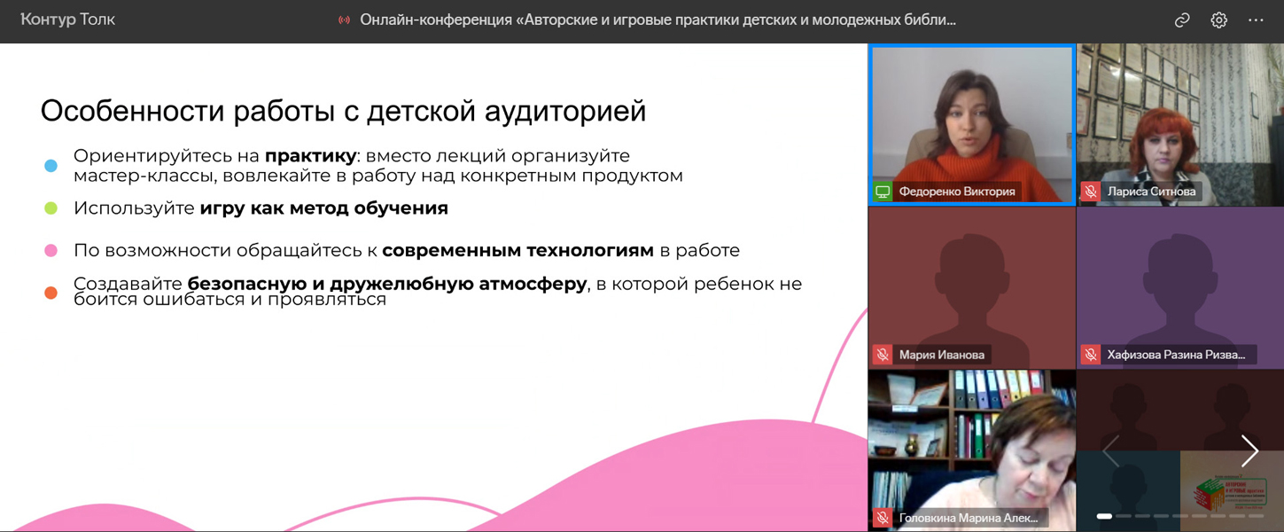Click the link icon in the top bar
pos(1182,20)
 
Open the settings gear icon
pos(1218,20)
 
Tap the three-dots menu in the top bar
pos(1256,20)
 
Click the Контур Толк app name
pos(67,20)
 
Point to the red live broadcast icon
pos(344,20)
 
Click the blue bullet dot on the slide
pos(51,166)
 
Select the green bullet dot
pos(51,208)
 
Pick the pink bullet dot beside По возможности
pos(51,251)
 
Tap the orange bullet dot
pos(51,293)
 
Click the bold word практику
pos(311,156)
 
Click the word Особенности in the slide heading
pos(132,111)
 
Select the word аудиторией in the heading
pos(565,111)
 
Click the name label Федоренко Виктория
pos(957,192)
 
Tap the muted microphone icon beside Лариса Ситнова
pos(1090,192)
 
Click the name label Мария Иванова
pos(941,355)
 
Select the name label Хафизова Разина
pos(1176,355)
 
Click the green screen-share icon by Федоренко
pos(883,192)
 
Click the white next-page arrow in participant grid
pos(1250,450)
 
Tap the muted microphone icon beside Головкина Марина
pos(883,518)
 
